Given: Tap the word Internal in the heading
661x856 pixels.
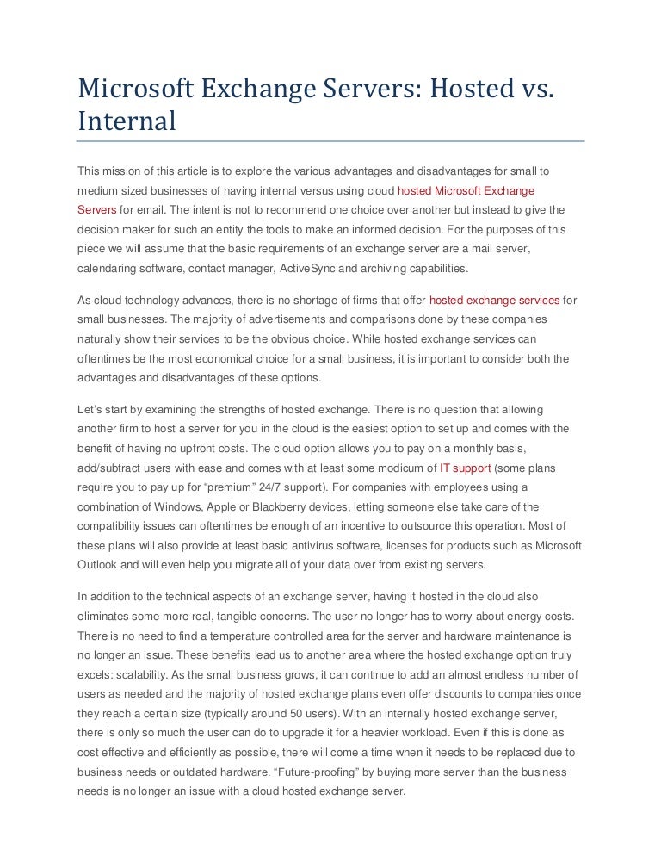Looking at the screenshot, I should (127, 121).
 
